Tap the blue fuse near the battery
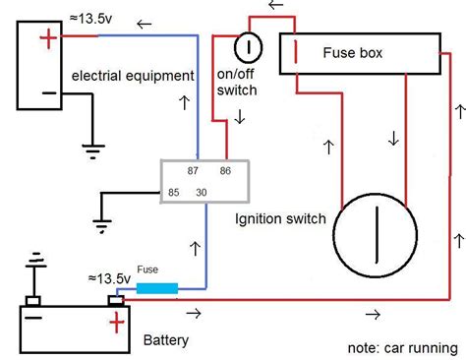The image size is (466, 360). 156,288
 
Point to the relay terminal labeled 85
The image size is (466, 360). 174,192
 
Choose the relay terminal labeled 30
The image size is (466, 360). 202,192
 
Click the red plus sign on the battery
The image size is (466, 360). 117,322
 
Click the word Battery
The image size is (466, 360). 166,341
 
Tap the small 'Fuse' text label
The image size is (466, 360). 147,269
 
